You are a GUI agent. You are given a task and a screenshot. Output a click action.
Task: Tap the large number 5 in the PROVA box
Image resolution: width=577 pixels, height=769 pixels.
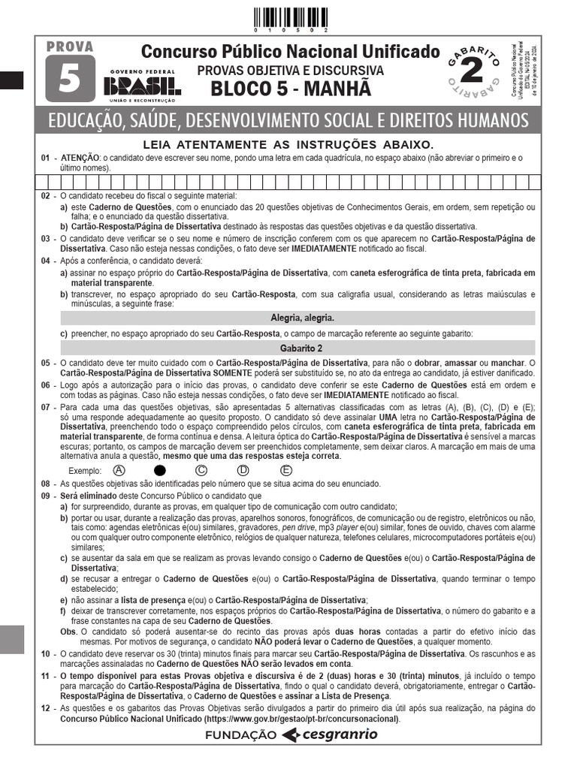(x=70, y=78)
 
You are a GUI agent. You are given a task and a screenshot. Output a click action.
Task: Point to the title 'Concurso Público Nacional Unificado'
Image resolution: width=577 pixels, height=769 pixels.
(x=290, y=52)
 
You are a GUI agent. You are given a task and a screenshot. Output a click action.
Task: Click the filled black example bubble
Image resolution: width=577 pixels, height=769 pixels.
(x=159, y=471)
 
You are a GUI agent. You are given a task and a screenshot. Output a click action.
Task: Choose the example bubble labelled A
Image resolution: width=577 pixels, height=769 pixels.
(x=118, y=471)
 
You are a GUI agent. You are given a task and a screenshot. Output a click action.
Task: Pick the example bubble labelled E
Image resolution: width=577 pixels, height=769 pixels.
(x=286, y=471)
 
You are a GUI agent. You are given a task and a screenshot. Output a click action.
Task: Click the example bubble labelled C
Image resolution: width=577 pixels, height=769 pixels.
(x=201, y=471)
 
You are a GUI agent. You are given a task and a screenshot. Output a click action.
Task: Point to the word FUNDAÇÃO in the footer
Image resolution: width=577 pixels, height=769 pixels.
(x=240, y=736)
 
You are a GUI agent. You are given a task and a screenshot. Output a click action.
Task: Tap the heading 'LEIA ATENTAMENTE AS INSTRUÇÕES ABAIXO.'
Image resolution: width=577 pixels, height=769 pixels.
(x=288, y=144)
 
